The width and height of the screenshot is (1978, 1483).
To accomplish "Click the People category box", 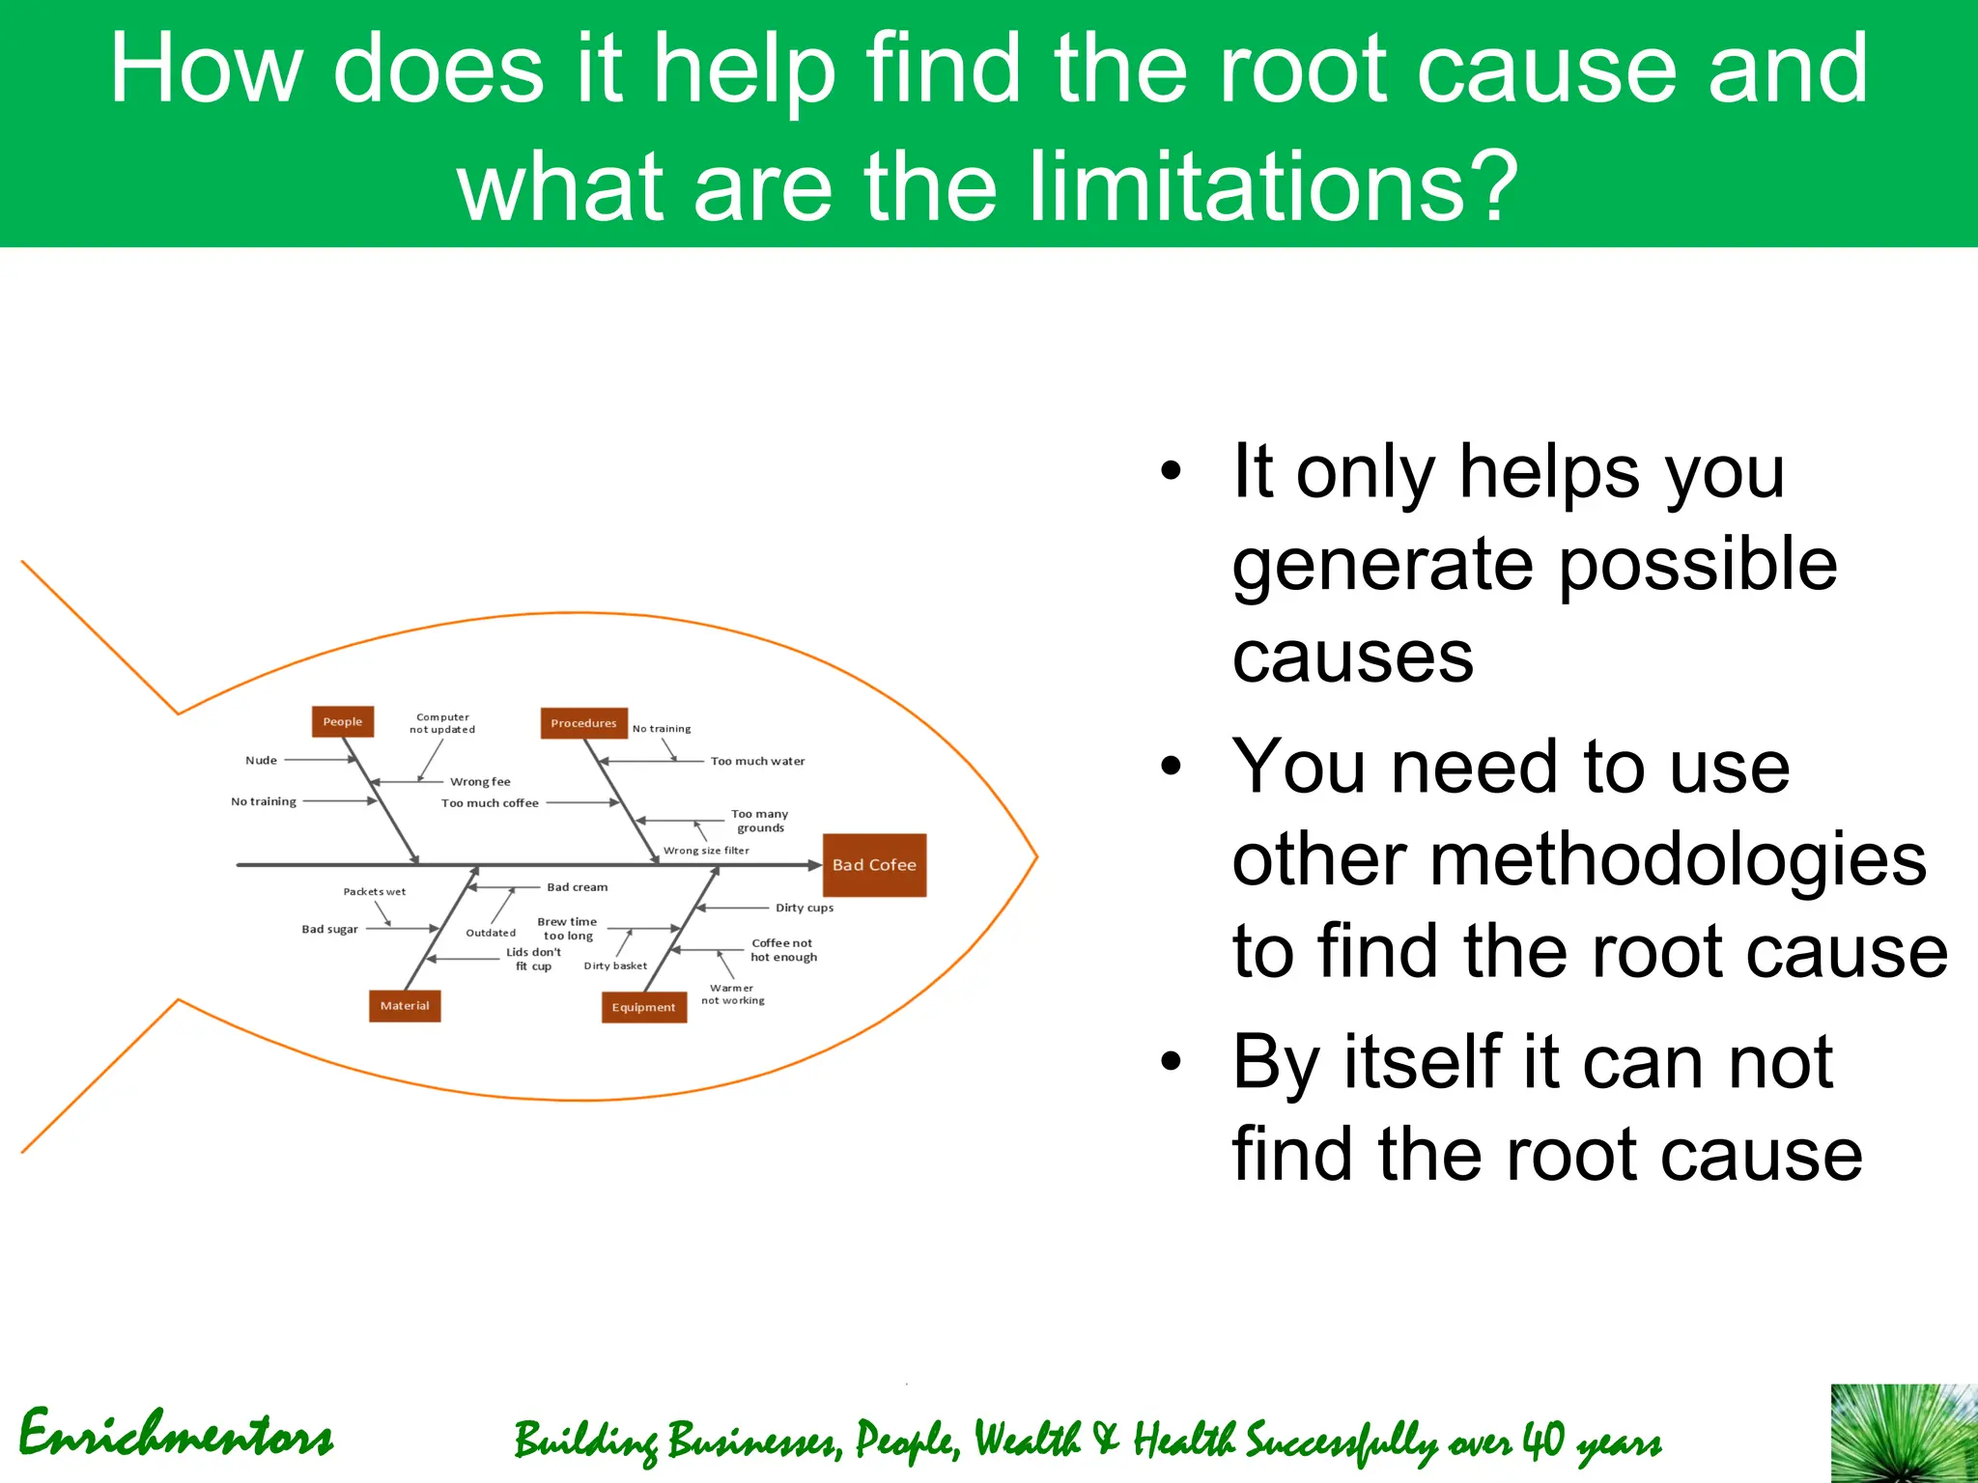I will (x=343, y=721).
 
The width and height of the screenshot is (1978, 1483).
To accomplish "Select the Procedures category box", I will (x=583, y=723).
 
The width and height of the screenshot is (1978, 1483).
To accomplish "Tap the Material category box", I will (x=404, y=1006).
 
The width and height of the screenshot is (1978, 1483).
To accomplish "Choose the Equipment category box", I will (x=643, y=1007).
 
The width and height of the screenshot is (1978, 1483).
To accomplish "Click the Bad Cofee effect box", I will (x=874, y=865).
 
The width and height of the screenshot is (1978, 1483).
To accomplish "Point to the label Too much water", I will (x=757, y=762).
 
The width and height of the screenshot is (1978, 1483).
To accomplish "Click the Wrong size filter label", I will (x=706, y=851).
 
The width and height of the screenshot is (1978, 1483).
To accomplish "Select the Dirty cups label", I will (x=804, y=908).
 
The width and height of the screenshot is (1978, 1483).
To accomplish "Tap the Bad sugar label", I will (x=329, y=930).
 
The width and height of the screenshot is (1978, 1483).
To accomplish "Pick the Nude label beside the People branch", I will (x=261, y=761).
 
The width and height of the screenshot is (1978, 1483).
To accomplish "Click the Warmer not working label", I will (x=732, y=994).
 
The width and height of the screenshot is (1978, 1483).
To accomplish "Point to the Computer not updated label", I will (x=442, y=723).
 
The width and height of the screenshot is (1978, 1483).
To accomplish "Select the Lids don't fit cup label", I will (x=533, y=959).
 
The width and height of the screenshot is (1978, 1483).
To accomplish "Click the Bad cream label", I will (x=578, y=887).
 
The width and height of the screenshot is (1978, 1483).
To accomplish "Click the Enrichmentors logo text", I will (x=176, y=1434).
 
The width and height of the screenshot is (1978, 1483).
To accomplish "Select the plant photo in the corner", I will (x=1904, y=1433).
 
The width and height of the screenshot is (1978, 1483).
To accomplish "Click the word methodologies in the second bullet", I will (x=1579, y=859).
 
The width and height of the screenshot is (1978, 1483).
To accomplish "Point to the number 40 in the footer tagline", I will (x=1542, y=1441).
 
